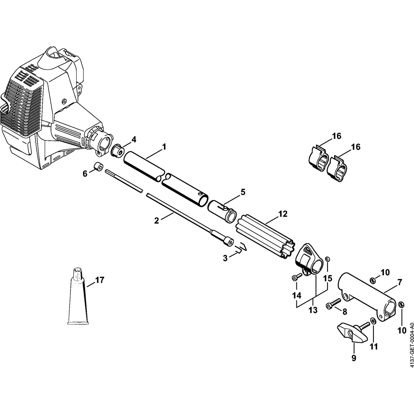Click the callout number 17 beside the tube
[x=99, y=280]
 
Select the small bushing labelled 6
[x=98, y=167]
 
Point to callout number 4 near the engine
[x=134, y=140]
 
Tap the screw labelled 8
[x=334, y=303]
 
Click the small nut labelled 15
[x=327, y=258]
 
